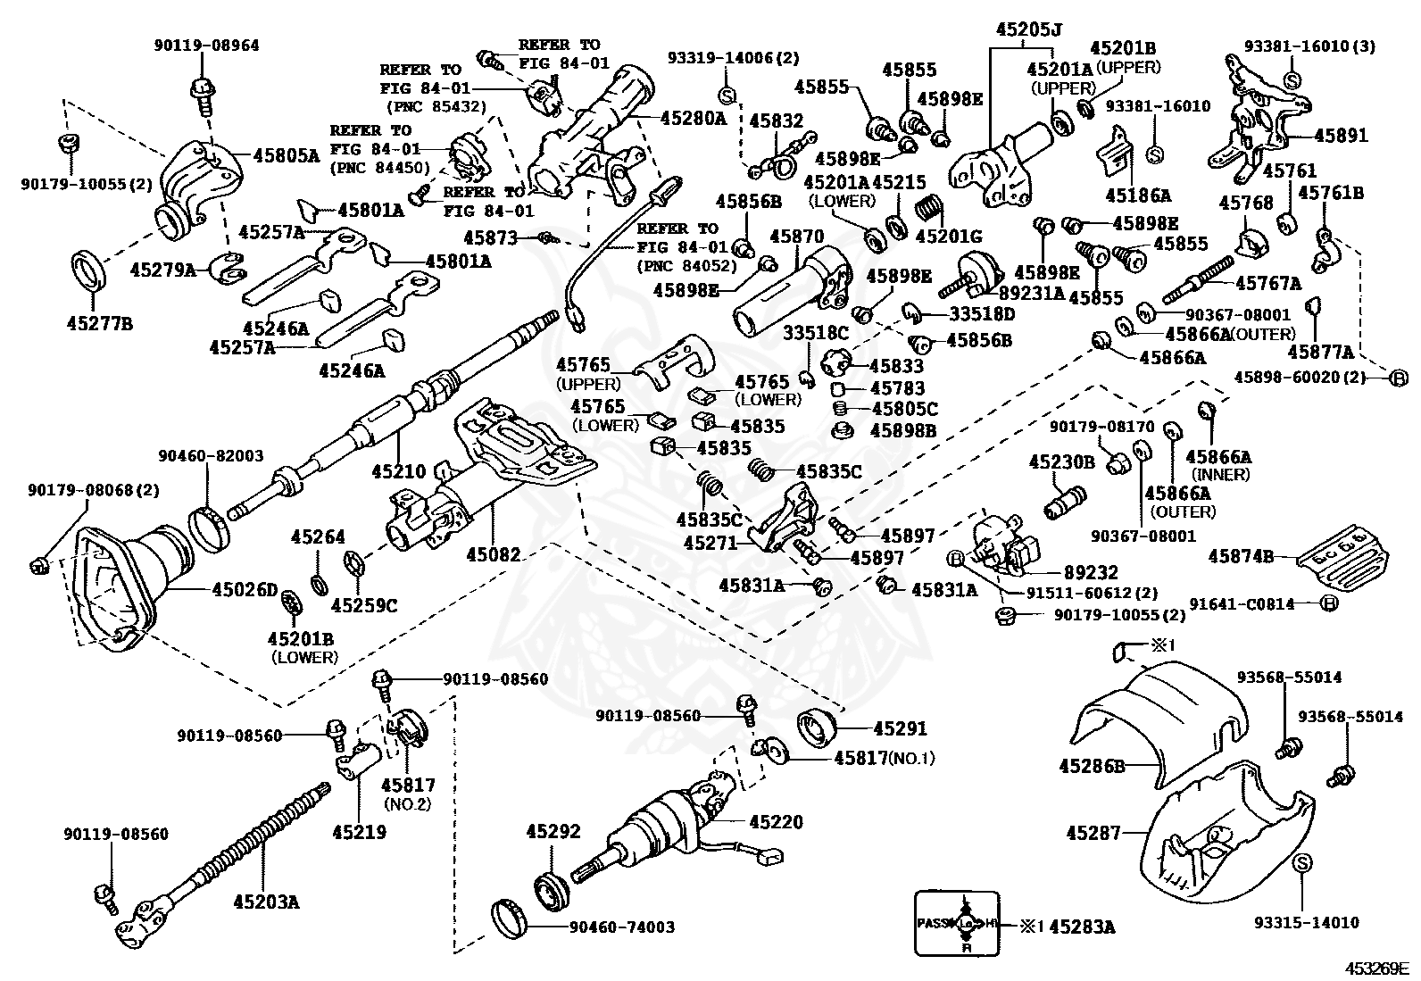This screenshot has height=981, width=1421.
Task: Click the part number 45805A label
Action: click(287, 155)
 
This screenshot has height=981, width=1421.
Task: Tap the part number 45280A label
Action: click(694, 118)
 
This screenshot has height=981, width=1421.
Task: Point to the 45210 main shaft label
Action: click(398, 470)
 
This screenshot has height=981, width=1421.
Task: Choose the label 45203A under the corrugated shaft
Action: click(266, 901)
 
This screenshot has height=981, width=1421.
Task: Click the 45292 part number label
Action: click(553, 831)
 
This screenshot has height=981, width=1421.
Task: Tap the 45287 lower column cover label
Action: click(1093, 833)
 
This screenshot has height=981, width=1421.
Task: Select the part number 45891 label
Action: click(1341, 135)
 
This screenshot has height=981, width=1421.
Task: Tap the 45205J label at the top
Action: click(1028, 29)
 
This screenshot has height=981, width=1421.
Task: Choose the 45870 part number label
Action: click(797, 236)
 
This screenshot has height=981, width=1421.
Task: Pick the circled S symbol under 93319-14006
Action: click(727, 96)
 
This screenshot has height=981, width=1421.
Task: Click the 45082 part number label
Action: click(494, 554)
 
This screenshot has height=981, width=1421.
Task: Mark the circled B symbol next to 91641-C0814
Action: click(1328, 603)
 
